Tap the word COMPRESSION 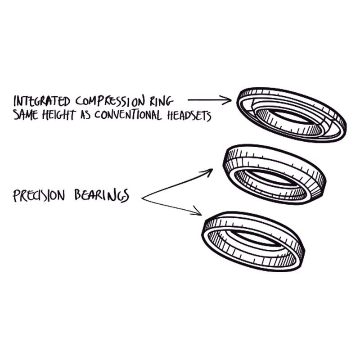pyautogui.click(x=112, y=100)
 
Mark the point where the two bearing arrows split pyautogui.click(x=143, y=198)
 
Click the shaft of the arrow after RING pyautogui.click(x=205, y=99)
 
